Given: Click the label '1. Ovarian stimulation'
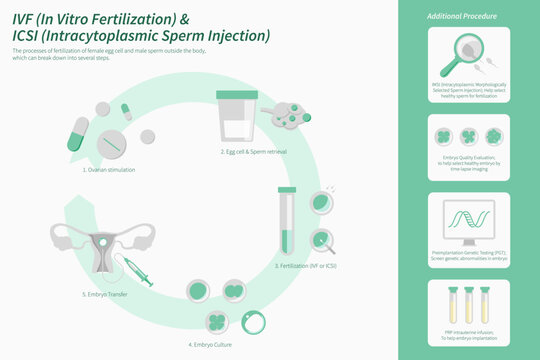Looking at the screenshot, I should [x=109, y=170].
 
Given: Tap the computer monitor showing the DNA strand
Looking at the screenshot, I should [x=468, y=221].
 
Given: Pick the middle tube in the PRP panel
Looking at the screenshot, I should [x=468, y=303].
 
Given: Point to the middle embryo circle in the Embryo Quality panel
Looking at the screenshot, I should [x=468, y=136].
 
